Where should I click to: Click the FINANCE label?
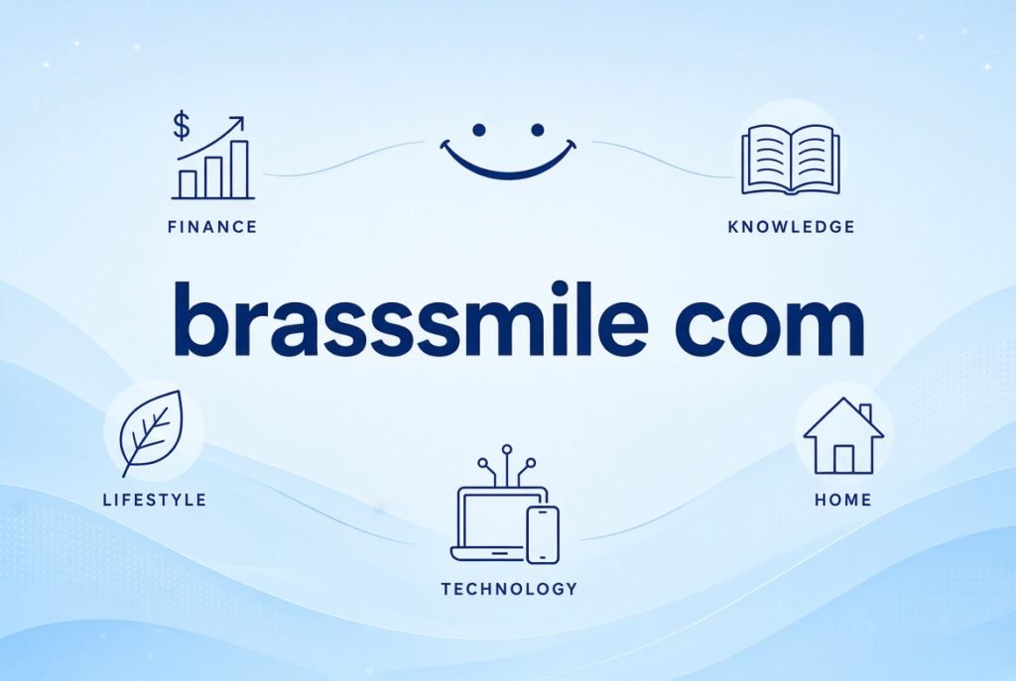(x=212, y=227)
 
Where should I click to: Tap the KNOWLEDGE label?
(x=791, y=227)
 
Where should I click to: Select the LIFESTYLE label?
(x=155, y=500)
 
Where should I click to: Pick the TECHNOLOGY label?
(x=509, y=589)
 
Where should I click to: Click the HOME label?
(x=843, y=500)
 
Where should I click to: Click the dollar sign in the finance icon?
(x=182, y=126)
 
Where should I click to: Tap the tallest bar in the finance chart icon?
(x=240, y=170)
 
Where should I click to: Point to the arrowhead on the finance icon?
(x=238, y=122)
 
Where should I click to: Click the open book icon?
(x=791, y=160)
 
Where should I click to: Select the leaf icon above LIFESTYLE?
(x=152, y=432)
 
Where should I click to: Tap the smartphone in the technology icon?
(x=543, y=534)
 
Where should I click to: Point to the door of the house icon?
(x=843, y=459)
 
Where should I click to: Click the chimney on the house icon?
(x=865, y=413)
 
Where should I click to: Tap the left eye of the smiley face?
(x=479, y=130)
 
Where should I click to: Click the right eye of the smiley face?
(x=537, y=130)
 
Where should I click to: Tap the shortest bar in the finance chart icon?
(x=188, y=184)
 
